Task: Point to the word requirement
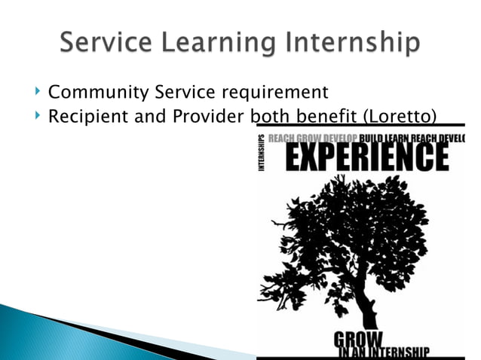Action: pyautogui.click(x=270, y=94)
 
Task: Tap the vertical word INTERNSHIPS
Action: pyautogui.click(x=262, y=155)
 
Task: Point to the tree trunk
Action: pyautogui.click(x=368, y=301)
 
